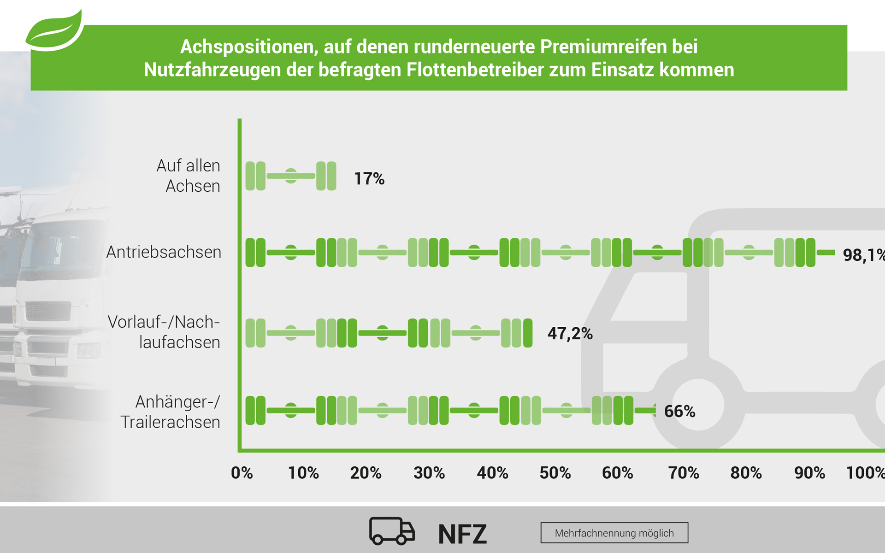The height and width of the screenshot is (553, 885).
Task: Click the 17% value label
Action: [369, 179]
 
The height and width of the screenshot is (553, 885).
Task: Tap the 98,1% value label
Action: [863, 255]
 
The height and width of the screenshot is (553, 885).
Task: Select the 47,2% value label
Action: [570, 333]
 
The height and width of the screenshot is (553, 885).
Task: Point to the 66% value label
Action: [679, 411]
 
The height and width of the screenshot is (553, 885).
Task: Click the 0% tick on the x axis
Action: [242, 473]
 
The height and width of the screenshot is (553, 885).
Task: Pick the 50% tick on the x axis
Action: [555, 473]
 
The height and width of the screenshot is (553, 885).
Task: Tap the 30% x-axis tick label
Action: [429, 473]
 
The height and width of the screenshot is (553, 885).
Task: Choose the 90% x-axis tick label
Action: [809, 473]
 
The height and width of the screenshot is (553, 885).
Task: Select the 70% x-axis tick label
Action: [684, 473]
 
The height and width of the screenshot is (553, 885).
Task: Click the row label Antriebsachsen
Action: [164, 252]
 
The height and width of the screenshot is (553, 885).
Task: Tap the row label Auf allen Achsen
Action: [188, 176]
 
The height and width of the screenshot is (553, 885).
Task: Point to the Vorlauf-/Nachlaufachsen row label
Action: [164, 332]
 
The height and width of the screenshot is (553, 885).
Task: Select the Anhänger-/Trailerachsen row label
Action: [170, 412]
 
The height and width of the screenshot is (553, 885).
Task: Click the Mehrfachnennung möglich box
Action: [614, 533]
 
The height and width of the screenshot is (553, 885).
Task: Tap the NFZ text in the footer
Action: [462, 534]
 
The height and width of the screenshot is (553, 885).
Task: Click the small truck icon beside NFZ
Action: [392, 531]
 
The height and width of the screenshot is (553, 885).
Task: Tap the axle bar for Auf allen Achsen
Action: [290, 176]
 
